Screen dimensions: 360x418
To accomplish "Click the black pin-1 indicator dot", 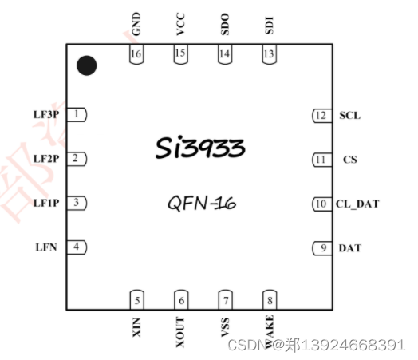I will pyautogui.click(x=87, y=65).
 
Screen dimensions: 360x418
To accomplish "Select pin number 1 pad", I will pyautogui.click(x=77, y=115).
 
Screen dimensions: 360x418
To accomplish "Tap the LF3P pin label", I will pyautogui.click(x=46, y=115).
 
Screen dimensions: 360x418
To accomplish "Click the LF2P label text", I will pyautogui.click(x=46, y=159).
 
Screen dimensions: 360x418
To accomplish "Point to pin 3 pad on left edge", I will pyautogui.click(x=77, y=203).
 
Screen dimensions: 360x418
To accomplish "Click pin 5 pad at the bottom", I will pyautogui.click(x=137, y=300).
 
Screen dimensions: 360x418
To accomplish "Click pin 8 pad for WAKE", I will pyautogui.click(x=270, y=300).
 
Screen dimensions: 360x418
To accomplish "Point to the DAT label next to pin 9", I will pyautogui.click(x=350, y=248).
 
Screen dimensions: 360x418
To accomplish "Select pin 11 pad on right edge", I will pyautogui.click(x=321, y=160).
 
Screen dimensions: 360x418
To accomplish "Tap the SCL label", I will pyautogui.click(x=349, y=116).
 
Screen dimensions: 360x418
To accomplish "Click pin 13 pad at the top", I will pyautogui.click(x=270, y=54).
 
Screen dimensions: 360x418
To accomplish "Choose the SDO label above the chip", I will pyautogui.click(x=225, y=23).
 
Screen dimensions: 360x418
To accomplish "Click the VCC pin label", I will pyautogui.click(x=181, y=23).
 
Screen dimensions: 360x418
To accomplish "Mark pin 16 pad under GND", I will pyautogui.click(x=137, y=54).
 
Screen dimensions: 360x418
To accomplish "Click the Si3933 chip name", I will pyautogui.click(x=199, y=148).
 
